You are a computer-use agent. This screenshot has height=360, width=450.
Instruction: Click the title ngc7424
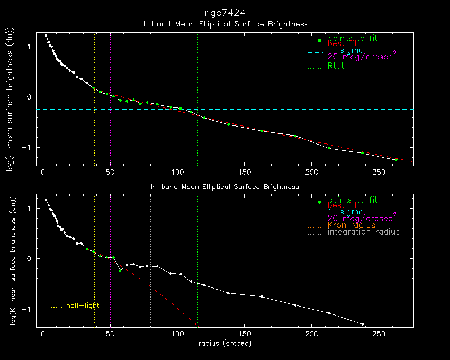(224, 12)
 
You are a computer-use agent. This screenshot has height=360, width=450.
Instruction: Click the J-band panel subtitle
(224, 24)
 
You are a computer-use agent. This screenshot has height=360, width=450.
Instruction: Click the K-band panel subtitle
(224, 186)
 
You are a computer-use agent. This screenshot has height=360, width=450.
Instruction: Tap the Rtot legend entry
(336, 66)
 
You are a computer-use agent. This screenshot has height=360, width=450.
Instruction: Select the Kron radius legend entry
(351, 225)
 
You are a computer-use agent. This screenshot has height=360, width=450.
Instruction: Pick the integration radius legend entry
(364, 232)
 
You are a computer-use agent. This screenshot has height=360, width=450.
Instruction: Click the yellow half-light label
(83, 305)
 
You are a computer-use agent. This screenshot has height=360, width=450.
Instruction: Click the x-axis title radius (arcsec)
(225, 343)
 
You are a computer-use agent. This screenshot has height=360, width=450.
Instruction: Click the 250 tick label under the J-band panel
(379, 173)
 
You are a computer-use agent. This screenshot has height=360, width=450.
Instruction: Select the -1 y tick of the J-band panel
(29, 148)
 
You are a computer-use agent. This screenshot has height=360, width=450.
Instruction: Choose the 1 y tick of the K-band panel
(31, 209)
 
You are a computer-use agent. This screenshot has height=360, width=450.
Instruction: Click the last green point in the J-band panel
(396, 159)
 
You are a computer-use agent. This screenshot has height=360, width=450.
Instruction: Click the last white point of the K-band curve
(363, 324)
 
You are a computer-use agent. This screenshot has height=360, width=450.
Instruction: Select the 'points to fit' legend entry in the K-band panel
(352, 200)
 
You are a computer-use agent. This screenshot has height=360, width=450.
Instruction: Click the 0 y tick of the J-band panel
(31, 97)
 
